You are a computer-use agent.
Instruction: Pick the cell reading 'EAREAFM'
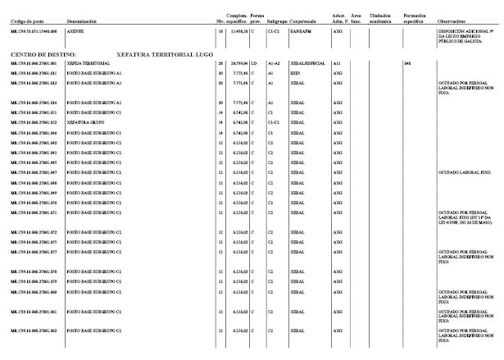(x=301, y=30)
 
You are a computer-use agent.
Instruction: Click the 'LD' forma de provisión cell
(x=254, y=62)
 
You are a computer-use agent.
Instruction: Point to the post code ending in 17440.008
(x=33, y=30)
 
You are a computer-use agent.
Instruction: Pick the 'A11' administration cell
(x=337, y=62)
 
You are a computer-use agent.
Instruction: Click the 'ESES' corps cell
(x=294, y=73)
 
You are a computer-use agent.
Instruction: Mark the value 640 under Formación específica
(x=407, y=62)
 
